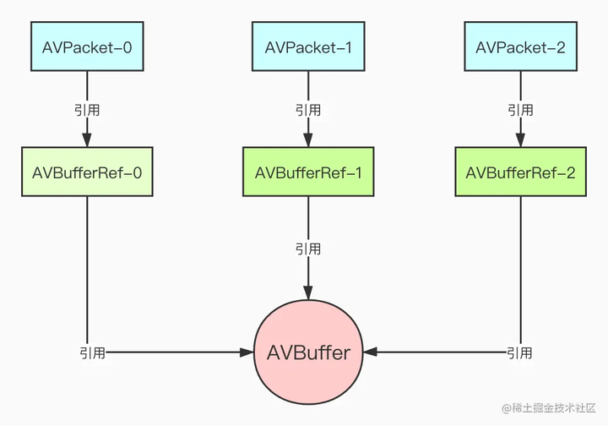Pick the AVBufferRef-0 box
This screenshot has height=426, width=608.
[88, 172]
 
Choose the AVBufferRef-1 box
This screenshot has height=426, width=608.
[307, 172]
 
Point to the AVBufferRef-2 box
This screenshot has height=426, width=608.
[520, 172]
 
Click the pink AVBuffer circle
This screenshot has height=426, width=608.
[307, 352]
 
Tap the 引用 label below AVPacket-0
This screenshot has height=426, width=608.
[88, 110]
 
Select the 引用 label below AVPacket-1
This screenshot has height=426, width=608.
[307, 110]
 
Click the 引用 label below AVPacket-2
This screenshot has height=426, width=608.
[520, 110]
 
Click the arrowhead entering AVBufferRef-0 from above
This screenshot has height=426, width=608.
[88, 140]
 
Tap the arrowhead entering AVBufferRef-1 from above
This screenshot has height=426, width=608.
[307, 140]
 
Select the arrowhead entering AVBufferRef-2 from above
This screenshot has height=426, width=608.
[520, 140]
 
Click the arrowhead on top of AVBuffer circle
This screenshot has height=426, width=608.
[307, 292]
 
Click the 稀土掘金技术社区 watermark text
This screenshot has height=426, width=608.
[549, 408]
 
